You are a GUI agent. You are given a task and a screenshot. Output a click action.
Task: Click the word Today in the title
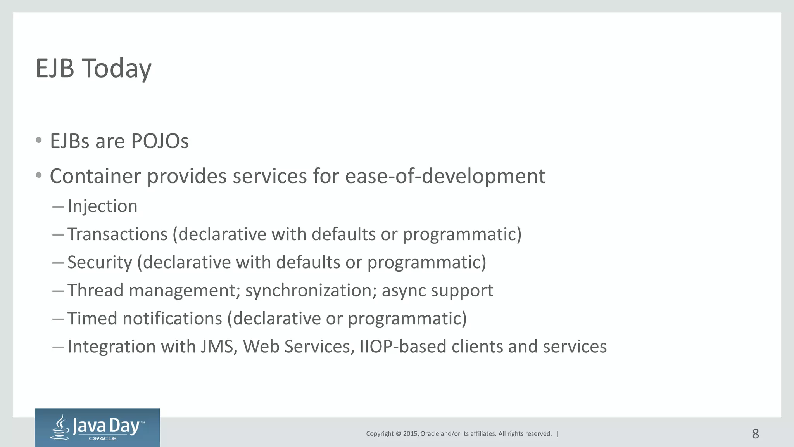pos(116,69)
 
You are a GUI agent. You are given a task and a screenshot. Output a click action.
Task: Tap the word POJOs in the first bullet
pos(160,141)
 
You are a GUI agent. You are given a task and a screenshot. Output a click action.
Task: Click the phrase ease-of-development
pos(445,177)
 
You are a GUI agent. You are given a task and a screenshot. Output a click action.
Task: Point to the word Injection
pos(102,206)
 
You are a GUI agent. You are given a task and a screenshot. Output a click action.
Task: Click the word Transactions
pos(117,234)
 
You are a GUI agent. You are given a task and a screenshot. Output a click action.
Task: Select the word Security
pos(100,263)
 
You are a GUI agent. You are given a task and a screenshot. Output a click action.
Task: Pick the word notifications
pos(172,319)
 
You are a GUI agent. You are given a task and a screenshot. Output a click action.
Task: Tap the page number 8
pos(755,434)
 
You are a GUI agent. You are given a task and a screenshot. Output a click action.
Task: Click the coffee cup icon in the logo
pos(60,428)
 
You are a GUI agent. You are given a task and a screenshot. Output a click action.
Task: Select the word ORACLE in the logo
pos(103,438)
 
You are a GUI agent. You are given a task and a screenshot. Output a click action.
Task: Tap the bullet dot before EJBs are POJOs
pos(38,140)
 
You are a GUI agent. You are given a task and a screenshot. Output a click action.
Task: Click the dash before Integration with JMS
pos(58,347)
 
